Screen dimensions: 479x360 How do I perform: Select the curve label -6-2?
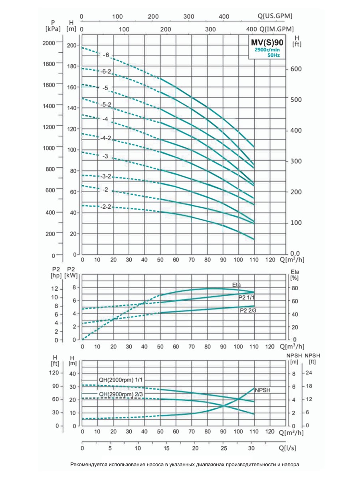tap(107, 71)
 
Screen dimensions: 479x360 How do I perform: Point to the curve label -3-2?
tap(107, 176)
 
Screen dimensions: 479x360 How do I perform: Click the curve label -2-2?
tap(106, 207)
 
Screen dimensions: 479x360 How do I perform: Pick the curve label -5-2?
tap(107, 105)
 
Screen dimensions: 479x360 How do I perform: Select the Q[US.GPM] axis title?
tap(275, 16)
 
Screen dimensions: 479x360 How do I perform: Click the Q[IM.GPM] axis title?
tap(277, 29)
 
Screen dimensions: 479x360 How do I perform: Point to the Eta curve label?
tap(237, 285)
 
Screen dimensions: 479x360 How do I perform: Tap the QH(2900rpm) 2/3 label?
tap(121, 394)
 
